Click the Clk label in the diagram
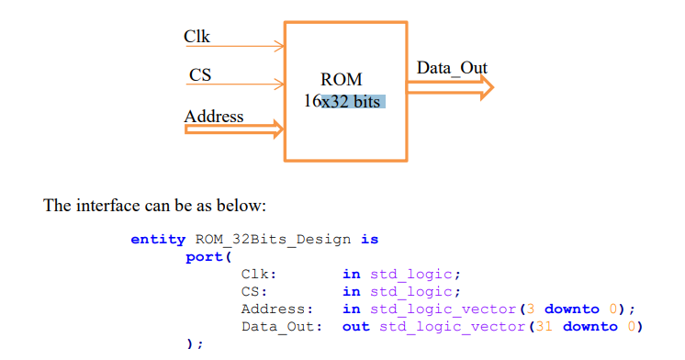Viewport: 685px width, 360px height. click(x=197, y=37)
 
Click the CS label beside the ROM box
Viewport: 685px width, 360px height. click(x=199, y=75)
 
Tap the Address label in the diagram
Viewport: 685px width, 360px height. click(x=214, y=117)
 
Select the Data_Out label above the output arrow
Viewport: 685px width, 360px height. click(x=452, y=68)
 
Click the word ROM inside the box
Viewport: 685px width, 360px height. click(x=342, y=80)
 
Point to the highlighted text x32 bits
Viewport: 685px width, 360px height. click(x=350, y=101)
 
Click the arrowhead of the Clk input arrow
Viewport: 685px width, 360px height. click(x=279, y=44)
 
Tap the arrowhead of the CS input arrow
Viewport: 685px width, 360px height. click(x=279, y=84)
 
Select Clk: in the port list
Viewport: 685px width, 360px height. click(x=259, y=274)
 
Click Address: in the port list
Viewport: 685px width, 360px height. click(x=277, y=309)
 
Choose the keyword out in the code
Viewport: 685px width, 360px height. click(x=356, y=327)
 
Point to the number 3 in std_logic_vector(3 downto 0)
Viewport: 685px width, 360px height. click(x=531, y=309)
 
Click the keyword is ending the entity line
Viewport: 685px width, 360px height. click(x=369, y=240)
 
